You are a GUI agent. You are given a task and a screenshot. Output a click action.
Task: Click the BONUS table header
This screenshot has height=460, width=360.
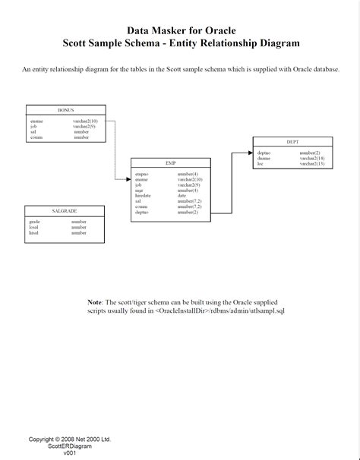click(x=66, y=109)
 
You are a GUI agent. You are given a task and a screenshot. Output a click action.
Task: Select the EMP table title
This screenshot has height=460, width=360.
click(x=170, y=163)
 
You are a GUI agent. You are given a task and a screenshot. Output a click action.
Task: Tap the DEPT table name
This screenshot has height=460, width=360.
click(x=292, y=142)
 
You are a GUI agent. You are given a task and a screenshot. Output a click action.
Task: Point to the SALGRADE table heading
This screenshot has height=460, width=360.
click(x=65, y=210)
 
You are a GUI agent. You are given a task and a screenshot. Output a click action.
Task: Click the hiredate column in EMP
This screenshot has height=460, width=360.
click(x=144, y=195)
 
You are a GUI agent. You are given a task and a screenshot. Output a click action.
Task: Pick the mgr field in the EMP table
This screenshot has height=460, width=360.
click(x=139, y=190)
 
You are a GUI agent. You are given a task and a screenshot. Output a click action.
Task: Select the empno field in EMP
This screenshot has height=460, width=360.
click(x=142, y=174)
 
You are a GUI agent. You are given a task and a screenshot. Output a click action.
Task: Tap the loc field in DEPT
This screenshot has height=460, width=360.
click(x=261, y=163)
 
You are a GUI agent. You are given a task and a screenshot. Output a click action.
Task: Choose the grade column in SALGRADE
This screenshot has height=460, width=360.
click(x=35, y=222)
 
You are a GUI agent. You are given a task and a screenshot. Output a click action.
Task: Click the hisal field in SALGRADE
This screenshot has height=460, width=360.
click(x=34, y=233)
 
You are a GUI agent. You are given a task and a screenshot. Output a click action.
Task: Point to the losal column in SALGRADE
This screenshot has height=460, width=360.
click(x=34, y=227)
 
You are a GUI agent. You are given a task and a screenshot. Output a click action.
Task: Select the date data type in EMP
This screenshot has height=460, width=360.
click(x=182, y=195)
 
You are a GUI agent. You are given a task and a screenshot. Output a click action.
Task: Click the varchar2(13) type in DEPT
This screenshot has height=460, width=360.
click(x=311, y=163)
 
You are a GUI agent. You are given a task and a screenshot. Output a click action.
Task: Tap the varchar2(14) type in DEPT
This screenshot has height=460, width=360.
click(x=311, y=158)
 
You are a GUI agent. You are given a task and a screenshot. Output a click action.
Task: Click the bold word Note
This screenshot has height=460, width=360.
click(x=94, y=302)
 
